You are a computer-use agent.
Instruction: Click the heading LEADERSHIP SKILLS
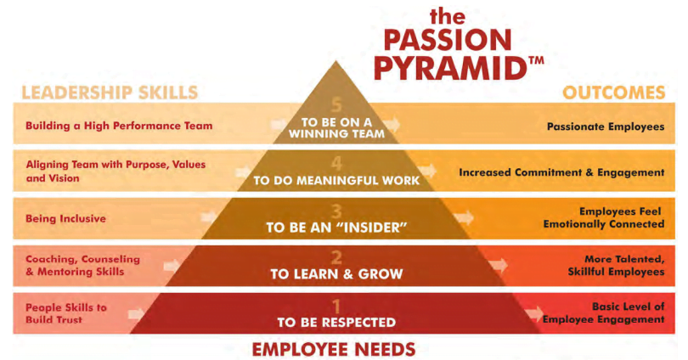[x=110, y=93]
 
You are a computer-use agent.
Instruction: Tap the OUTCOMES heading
[x=614, y=93]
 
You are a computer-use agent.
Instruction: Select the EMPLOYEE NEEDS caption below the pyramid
[x=334, y=350]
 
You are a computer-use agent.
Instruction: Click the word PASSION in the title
[x=448, y=40]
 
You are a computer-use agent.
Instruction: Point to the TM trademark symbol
[x=537, y=60]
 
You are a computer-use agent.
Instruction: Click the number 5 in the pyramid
[x=336, y=105]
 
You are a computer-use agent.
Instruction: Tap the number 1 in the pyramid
[x=336, y=306]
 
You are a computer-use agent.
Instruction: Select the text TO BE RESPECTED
[x=336, y=323]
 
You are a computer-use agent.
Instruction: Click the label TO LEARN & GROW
[x=336, y=274]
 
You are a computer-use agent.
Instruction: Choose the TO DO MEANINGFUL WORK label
[x=336, y=180]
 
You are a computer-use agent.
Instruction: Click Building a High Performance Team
[x=119, y=126]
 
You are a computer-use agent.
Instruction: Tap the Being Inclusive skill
[x=65, y=218]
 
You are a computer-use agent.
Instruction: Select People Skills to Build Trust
[x=66, y=313]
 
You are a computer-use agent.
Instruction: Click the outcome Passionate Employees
[x=606, y=127]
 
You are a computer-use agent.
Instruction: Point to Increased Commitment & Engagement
[x=561, y=172]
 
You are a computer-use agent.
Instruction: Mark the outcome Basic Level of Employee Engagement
[x=604, y=312]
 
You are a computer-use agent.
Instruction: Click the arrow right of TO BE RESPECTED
[x=534, y=313]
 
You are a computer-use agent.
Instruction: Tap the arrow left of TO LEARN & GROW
[x=172, y=265]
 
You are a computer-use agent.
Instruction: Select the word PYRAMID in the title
[x=451, y=69]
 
